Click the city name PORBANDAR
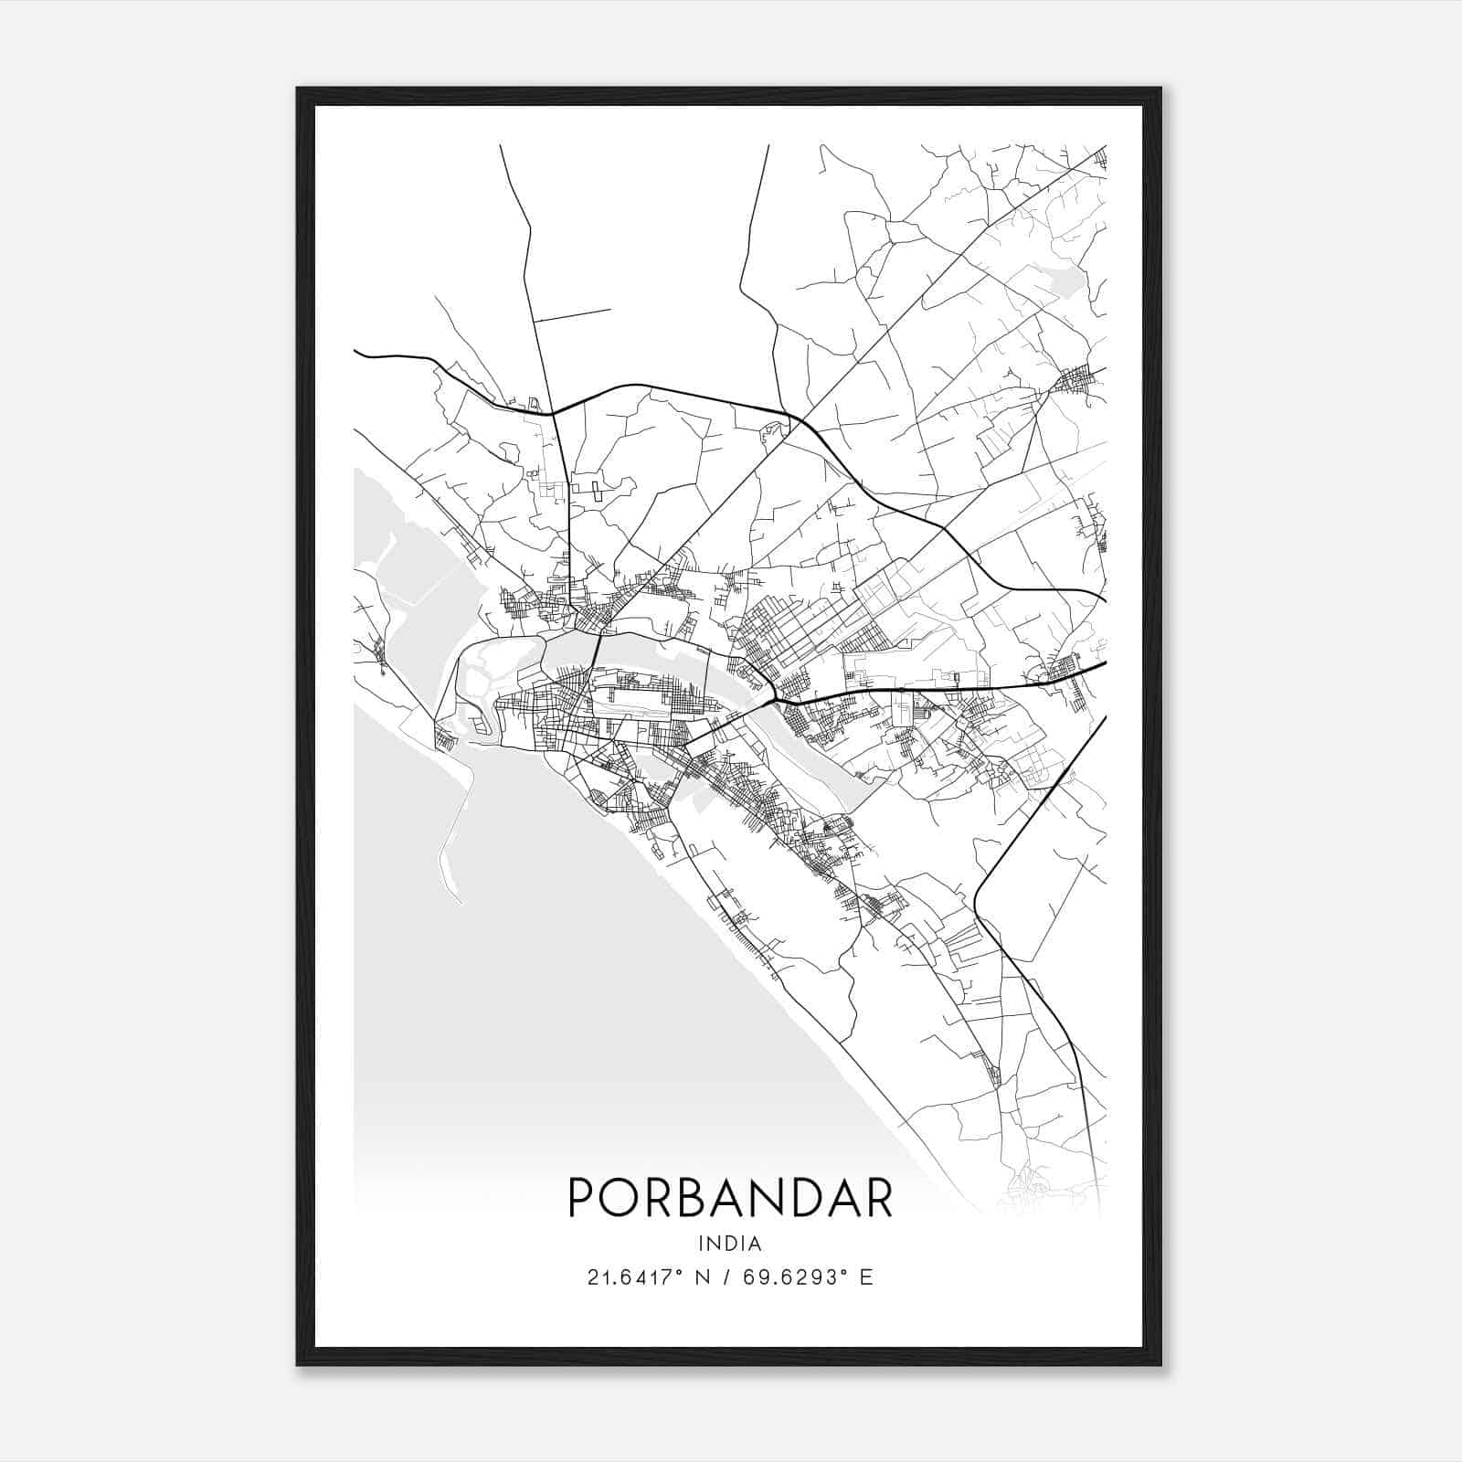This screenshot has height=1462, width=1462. [730, 1197]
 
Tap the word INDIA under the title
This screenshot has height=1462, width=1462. [729, 1244]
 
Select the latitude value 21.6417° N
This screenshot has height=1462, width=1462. [651, 1277]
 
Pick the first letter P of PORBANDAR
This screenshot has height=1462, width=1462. [581, 1197]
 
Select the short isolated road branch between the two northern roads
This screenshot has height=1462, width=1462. [572, 315]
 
